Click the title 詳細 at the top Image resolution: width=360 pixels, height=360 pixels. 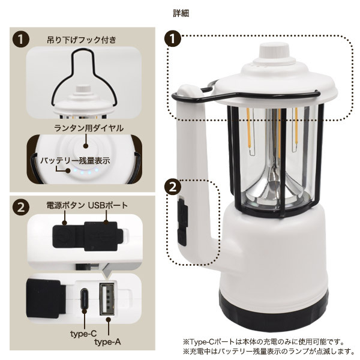181,14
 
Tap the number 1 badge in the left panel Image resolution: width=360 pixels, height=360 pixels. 21,40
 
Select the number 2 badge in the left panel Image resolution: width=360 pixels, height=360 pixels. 21,208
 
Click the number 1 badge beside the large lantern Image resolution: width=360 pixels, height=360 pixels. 173,39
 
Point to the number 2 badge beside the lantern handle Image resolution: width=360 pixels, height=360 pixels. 173,187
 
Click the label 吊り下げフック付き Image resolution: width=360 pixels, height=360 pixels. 82,40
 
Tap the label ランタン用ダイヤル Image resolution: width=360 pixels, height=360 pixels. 89,128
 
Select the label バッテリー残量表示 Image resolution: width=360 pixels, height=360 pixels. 75,161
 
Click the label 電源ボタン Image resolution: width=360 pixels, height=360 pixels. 65,205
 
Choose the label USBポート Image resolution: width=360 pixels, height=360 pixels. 107,205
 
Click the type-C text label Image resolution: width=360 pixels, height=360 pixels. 83,334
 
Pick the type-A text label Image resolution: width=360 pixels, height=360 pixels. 107,342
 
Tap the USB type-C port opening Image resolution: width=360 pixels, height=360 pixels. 85,298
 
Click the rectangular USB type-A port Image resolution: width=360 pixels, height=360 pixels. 107,299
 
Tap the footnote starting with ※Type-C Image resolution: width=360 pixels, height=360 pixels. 263,342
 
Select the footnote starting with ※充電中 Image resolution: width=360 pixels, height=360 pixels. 269,351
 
